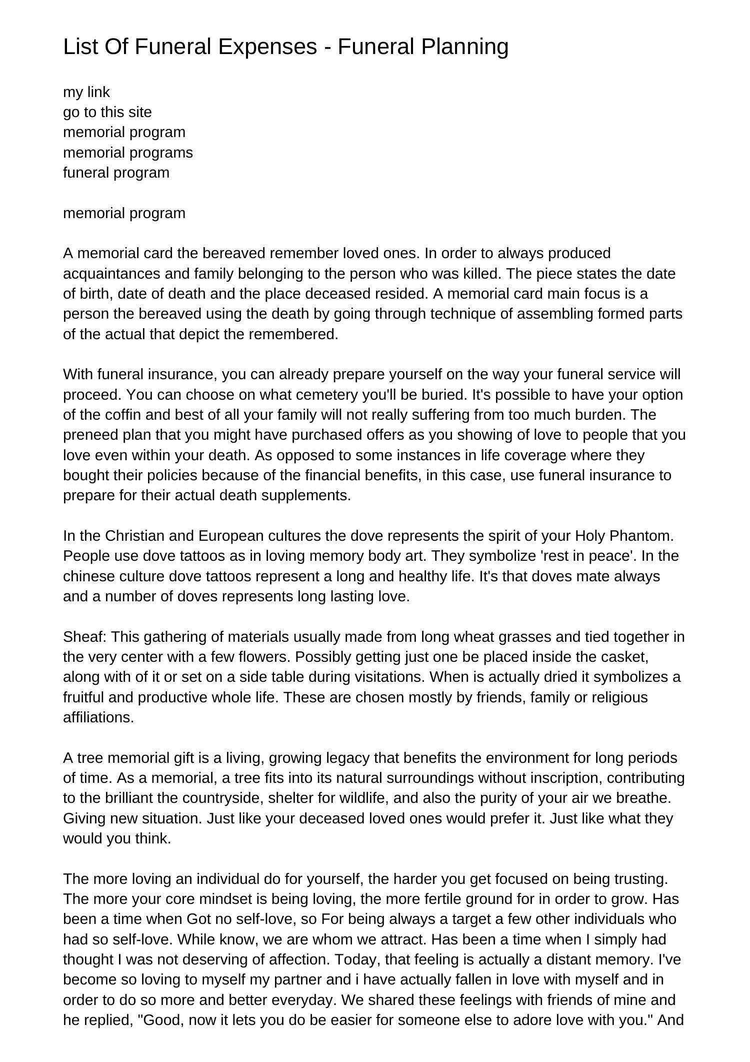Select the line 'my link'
[86, 92]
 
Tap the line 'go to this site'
[107, 112]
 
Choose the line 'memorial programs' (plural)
[127, 152]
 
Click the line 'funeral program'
[116, 173]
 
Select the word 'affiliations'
[98, 717]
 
